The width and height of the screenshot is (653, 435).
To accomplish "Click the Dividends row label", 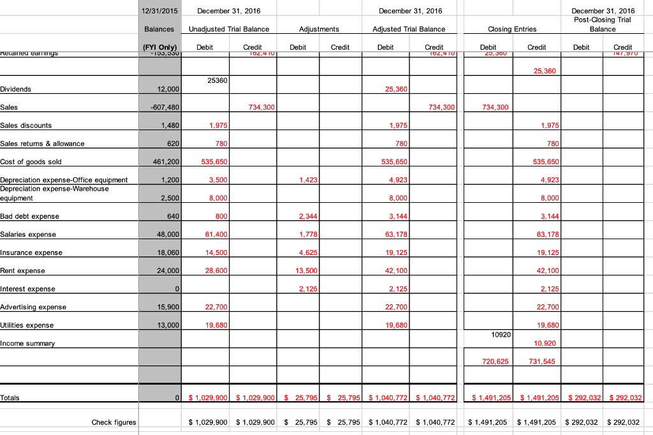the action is coord(16,89).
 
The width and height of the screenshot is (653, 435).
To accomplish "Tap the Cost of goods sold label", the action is coord(31,161).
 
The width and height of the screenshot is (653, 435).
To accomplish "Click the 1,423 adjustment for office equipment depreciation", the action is coord(308,180).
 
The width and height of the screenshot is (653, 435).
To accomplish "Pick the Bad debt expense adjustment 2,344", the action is coord(307,216).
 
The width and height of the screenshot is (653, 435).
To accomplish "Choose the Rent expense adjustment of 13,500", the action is coord(306,270).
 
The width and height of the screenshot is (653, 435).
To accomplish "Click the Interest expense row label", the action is coord(27,289).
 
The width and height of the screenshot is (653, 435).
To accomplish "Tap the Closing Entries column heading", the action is coord(511,29).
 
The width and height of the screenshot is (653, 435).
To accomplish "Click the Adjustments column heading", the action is coord(319,29).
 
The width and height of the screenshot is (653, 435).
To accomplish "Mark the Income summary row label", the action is coord(27,343).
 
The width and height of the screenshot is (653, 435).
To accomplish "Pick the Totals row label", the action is coord(10,398).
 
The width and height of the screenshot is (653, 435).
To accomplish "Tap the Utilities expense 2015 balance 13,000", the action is coord(168,325).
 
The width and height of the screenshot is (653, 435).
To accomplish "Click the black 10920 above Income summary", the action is coord(501,334).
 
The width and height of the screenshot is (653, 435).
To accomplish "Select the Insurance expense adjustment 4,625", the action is coord(307,253).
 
